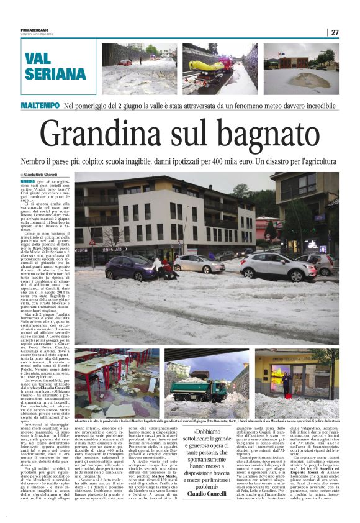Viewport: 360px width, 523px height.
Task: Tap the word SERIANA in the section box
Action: tap(55, 75)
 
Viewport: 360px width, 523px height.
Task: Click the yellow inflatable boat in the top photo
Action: tap(207, 66)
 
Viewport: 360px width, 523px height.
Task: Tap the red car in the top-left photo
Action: tap(125, 62)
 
